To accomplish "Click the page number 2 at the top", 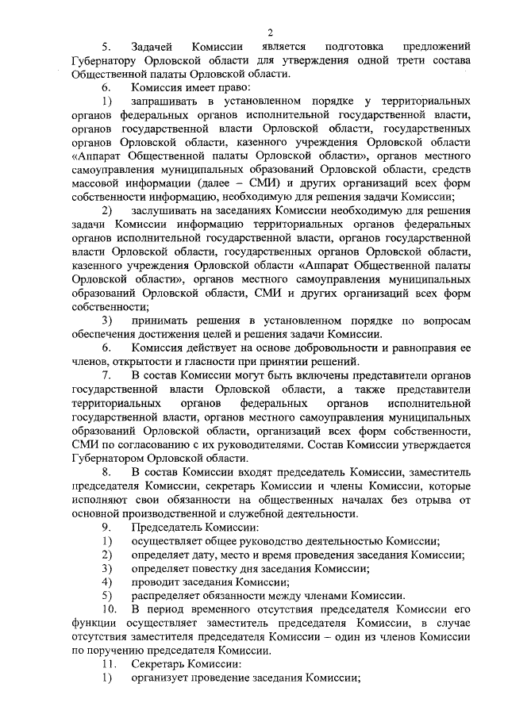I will click(271, 33).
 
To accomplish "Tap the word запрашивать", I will click(168, 102).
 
